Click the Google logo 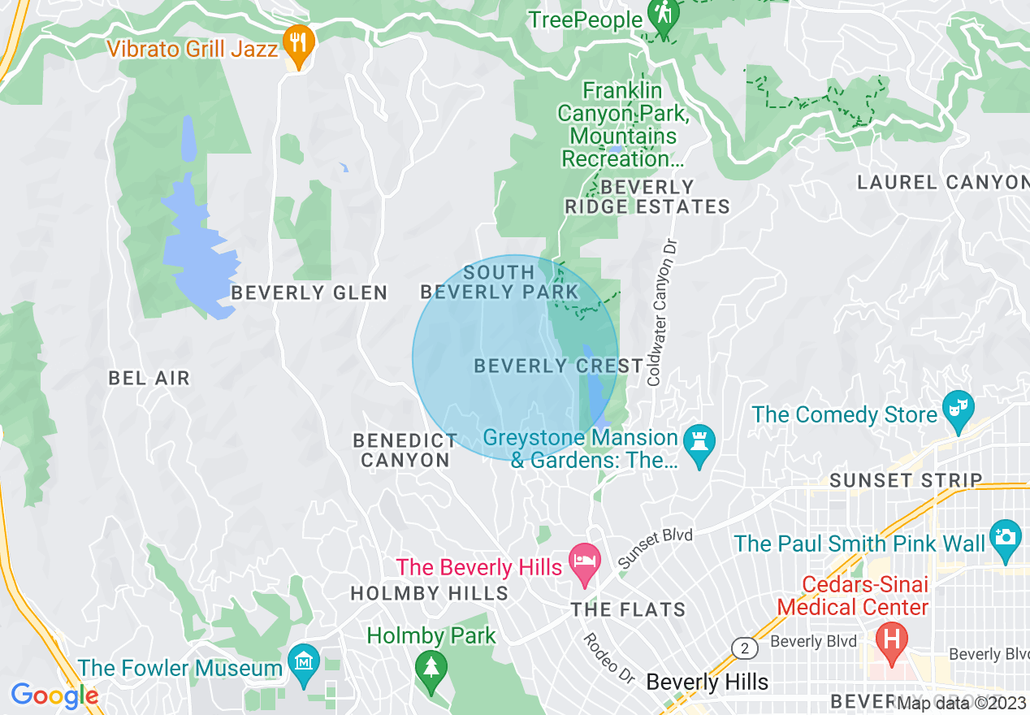pos(54,696)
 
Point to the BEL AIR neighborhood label pos(149,378)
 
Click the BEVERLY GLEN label pos(309,292)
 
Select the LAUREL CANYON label pos(942,183)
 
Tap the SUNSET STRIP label pos(906,480)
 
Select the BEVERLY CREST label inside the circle pos(559,366)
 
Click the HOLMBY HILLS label pos(429,594)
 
